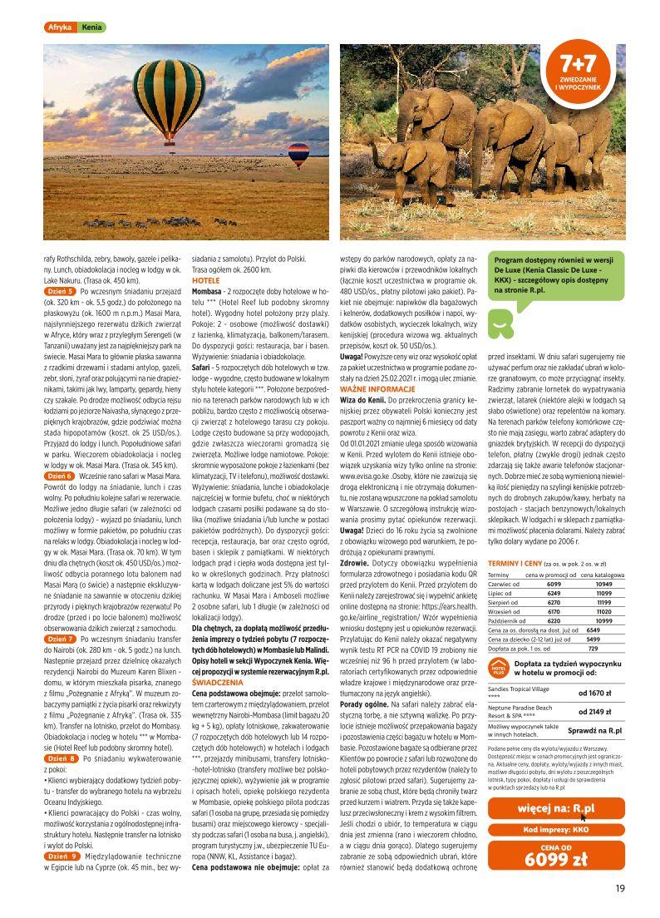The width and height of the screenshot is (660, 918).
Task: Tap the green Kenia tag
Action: [91, 27]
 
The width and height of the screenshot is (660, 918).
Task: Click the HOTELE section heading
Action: [206, 282]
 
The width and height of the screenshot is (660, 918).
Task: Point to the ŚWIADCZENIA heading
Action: [218, 681]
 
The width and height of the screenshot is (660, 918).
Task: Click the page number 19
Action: [620, 888]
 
